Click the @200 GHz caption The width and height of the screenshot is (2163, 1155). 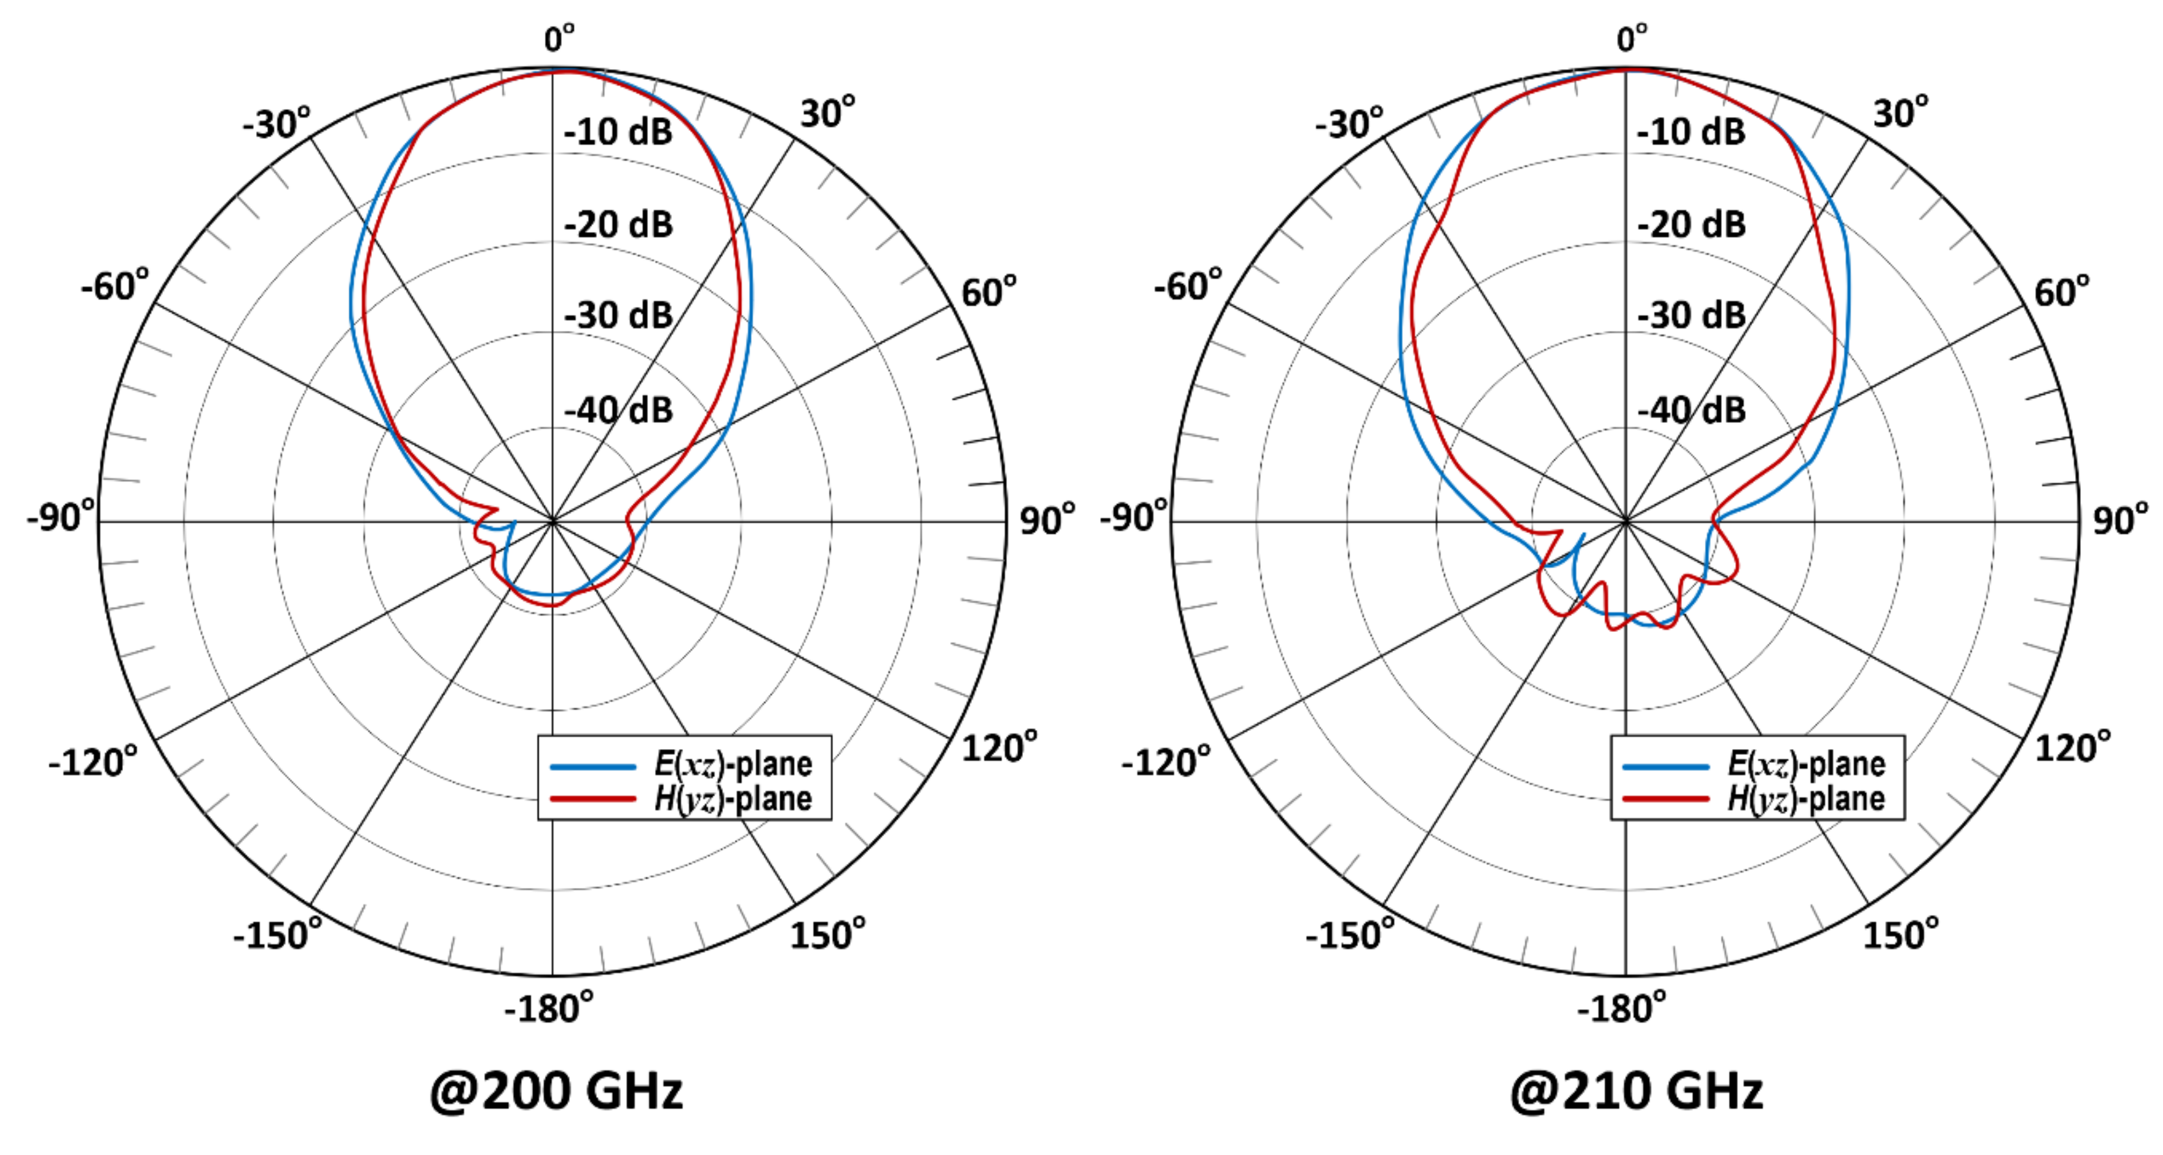556,1091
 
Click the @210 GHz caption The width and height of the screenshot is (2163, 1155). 1636,1091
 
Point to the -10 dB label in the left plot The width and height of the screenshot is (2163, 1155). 618,132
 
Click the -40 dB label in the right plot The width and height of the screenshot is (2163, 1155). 1691,411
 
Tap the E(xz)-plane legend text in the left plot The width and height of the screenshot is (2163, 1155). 733,764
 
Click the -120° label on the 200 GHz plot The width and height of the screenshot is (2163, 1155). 93,762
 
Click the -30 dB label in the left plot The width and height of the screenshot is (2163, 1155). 618,316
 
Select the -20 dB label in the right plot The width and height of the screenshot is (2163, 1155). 1691,224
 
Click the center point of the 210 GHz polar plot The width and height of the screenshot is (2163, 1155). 1626,521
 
